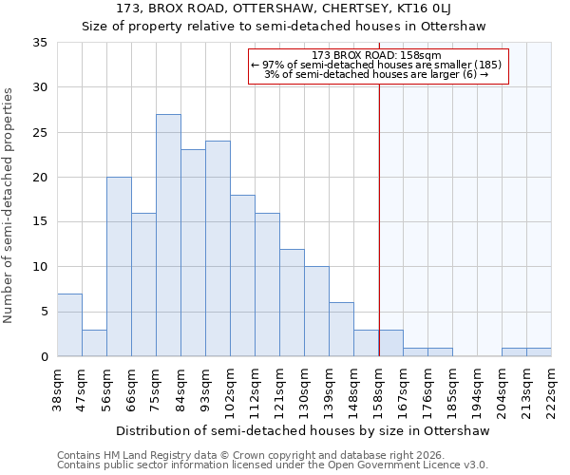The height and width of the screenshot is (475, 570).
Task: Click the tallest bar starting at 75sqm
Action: (168, 236)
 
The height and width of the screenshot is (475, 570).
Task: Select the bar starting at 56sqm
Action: (119, 267)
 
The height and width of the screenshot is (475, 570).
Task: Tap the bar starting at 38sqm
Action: (69, 325)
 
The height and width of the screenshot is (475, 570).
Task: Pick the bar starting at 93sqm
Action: (218, 249)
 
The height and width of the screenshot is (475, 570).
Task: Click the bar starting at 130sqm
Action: (316, 312)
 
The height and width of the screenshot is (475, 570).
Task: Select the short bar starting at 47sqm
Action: (94, 343)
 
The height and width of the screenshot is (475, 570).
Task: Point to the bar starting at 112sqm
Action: (267, 285)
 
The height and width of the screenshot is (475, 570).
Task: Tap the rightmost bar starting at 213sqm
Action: (539, 352)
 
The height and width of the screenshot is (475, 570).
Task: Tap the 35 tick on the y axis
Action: (40, 43)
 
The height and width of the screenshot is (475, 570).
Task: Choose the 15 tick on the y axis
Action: (40, 222)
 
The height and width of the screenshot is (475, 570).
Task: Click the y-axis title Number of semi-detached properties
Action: (9, 204)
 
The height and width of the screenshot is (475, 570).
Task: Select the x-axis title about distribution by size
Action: (304, 430)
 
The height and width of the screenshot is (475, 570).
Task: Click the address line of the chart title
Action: (284, 9)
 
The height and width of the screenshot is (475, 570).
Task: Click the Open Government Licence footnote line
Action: (273, 465)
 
